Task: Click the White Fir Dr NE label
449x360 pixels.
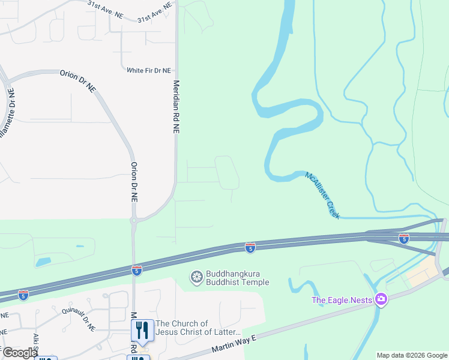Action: point(149,70)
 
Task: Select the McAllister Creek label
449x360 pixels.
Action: point(323,195)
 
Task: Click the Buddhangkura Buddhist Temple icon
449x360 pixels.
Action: point(196,277)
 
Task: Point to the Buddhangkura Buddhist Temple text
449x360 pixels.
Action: point(238,278)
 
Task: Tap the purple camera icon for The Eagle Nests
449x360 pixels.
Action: point(380,299)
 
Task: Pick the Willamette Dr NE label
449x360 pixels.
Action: point(7,113)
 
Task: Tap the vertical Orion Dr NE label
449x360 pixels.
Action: point(134,184)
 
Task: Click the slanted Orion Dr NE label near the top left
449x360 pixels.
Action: point(77,80)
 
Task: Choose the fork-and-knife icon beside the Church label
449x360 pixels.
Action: point(140,329)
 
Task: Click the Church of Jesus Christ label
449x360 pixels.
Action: point(198,328)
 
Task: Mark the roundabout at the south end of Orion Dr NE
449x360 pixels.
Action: point(134,221)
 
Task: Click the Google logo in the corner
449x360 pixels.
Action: point(19,353)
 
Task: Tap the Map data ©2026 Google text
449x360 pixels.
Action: point(412,355)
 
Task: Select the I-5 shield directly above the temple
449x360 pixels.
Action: point(250,247)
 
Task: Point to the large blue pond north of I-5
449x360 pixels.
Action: point(43,262)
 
